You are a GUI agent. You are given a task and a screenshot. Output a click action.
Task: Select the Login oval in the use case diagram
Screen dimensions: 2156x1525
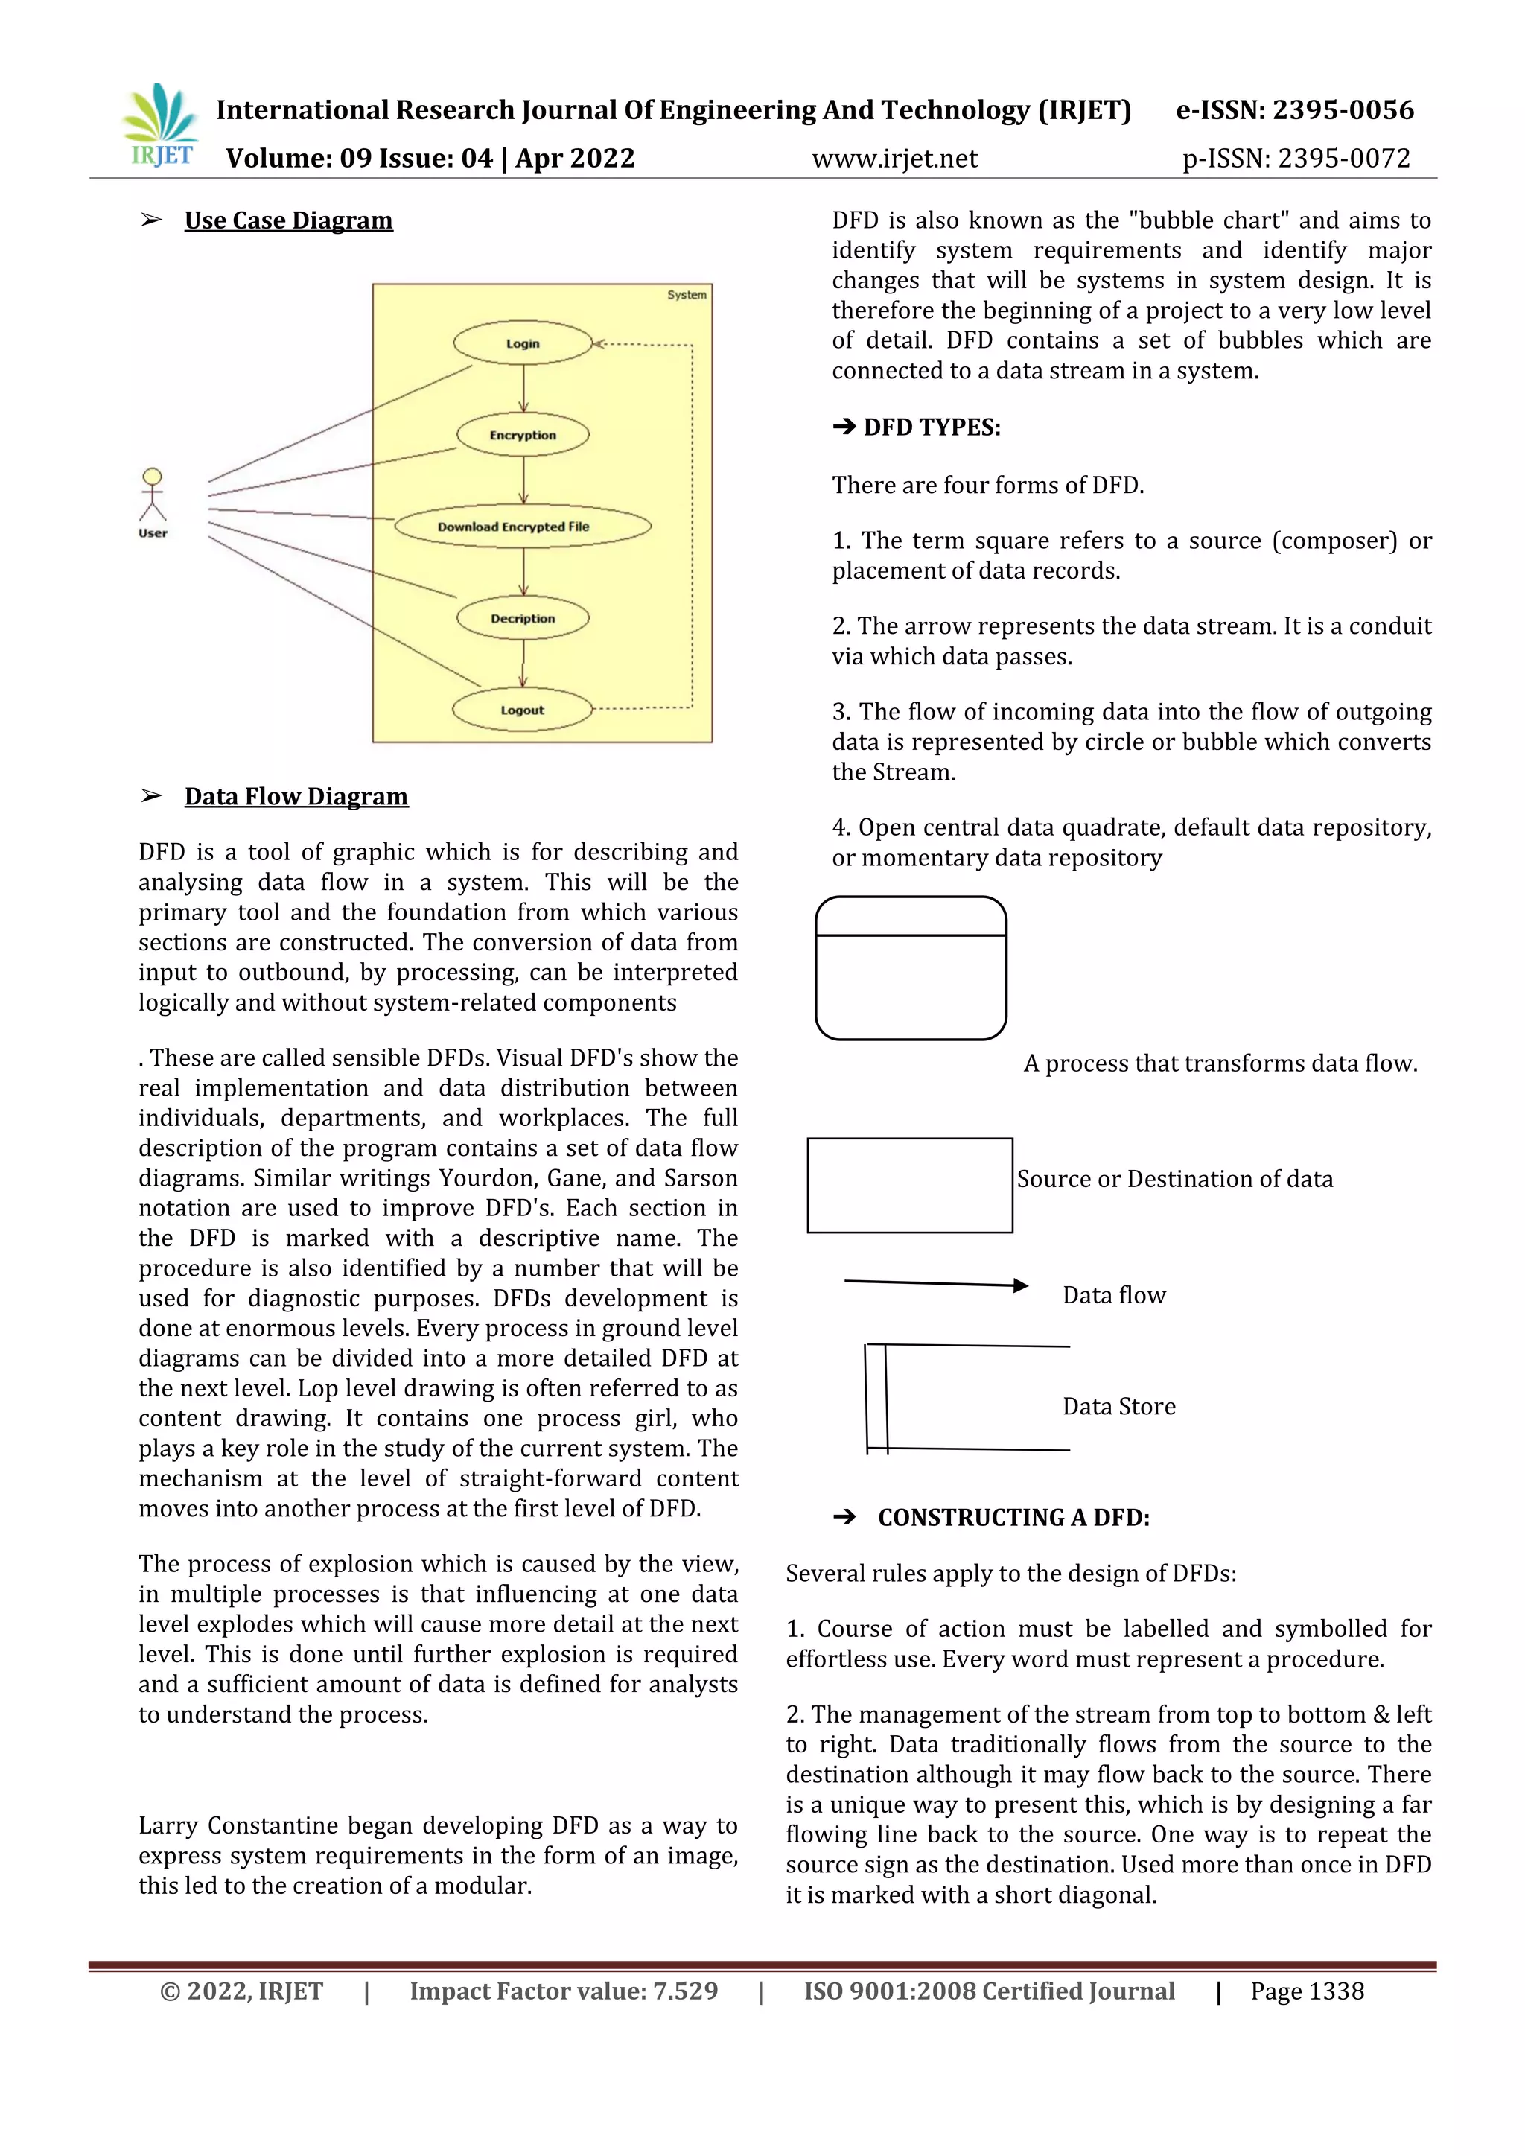pyautogui.click(x=523, y=343)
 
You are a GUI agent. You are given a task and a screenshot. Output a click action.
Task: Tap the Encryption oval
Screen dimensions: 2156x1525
pyautogui.click(x=523, y=435)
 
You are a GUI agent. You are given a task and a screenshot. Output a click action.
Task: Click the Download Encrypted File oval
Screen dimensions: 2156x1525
pyautogui.click(x=522, y=527)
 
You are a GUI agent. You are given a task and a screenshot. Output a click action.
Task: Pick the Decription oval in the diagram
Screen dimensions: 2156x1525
pyautogui.click(x=523, y=619)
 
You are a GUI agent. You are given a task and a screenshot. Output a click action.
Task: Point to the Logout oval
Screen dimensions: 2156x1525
pyautogui.click(x=523, y=710)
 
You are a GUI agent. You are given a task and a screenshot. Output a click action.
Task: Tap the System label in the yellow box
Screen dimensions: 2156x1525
pyautogui.click(x=687, y=295)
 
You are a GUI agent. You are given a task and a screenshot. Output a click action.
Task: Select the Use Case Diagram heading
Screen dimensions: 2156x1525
pyautogui.click(x=288, y=220)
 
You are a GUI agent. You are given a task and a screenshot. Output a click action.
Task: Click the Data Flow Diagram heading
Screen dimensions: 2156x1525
pyautogui.click(x=296, y=796)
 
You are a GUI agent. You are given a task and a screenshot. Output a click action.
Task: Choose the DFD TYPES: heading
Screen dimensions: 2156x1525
pyautogui.click(x=932, y=428)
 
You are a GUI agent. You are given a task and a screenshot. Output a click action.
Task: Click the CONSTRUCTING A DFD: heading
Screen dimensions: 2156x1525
pyautogui.click(x=1013, y=1518)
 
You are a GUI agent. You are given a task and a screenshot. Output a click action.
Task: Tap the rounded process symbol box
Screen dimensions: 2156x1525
pyautogui.click(x=911, y=968)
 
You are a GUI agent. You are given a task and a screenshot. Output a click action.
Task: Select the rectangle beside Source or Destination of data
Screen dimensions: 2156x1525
pyautogui.click(x=909, y=1185)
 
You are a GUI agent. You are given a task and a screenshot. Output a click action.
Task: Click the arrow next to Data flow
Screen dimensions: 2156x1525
pyautogui.click(x=935, y=1284)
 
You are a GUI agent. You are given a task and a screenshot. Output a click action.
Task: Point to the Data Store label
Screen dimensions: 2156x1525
pyautogui.click(x=1118, y=1406)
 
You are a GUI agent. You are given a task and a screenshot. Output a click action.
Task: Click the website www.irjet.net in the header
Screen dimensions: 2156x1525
pyautogui.click(x=894, y=159)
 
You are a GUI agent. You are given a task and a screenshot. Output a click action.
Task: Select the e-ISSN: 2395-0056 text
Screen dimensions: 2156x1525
pyautogui.click(x=1294, y=110)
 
